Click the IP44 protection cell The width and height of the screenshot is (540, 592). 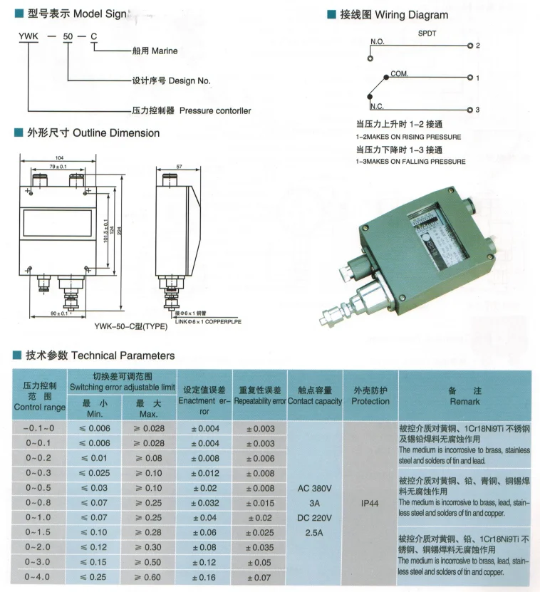pos(370,502)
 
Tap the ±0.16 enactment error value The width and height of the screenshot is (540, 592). pos(204,577)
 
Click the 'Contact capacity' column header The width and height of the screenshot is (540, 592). pos(316,401)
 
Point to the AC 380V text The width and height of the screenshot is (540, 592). pos(316,489)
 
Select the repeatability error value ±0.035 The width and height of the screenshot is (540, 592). pos(260,547)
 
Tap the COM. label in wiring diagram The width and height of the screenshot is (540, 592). pos(400,74)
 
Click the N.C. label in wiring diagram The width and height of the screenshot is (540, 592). pos(378,106)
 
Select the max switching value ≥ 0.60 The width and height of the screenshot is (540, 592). pos(149,577)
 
